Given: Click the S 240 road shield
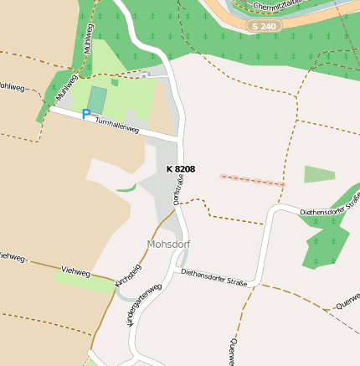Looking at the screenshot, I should [x=264, y=27].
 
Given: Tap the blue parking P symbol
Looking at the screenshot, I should [x=85, y=113].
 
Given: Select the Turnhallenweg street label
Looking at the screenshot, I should [x=116, y=122].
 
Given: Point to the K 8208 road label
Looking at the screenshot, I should [x=180, y=169].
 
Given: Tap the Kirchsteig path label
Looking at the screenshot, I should [x=127, y=276].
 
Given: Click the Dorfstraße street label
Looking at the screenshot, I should [x=177, y=191].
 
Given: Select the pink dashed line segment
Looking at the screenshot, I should [x=252, y=180].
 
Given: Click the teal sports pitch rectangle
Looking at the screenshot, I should [x=97, y=99].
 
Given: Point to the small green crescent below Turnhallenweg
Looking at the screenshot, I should [x=126, y=188].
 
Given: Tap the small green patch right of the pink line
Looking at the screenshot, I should [x=319, y=174].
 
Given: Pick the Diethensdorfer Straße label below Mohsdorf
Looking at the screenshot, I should [x=213, y=278].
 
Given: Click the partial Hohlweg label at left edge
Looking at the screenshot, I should [x=10, y=87].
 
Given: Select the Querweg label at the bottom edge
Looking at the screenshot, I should [x=231, y=352].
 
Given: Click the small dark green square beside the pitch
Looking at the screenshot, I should [x=115, y=82].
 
